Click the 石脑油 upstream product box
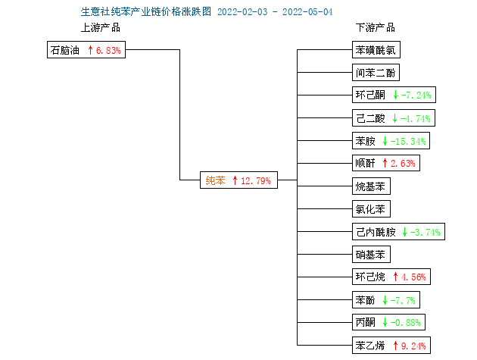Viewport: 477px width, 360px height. [x=86, y=50]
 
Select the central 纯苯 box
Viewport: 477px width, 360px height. [x=238, y=180]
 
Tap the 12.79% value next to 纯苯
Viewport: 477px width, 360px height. [x=256, y=181]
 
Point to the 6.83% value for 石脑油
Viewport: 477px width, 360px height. [x=108, y=51]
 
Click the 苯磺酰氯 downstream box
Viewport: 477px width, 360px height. [x=376, y=50]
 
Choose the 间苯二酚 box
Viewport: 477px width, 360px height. [x=376, y=73]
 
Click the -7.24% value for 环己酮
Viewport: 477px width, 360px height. [x=416, y=95]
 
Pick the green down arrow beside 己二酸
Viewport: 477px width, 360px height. [x=395, y=118]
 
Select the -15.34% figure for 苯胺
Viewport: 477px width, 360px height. [x=408, y=141]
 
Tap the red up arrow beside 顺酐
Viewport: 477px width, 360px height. [x=385, y=163]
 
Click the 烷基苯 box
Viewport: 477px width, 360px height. [x=371, y=186]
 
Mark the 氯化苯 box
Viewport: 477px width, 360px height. [x=371, y=209]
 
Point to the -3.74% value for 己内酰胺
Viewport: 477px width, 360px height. [x=426, y=233]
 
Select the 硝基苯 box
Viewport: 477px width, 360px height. [x=371, y=255]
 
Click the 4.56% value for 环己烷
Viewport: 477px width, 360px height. [x=413, y=277]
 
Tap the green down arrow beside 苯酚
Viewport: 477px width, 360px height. [x=385, y=300]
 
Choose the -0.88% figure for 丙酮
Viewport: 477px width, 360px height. [x=406, y=323]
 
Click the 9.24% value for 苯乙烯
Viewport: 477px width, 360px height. [x=413, y=346]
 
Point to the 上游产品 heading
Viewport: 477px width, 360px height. [x=101, y=28]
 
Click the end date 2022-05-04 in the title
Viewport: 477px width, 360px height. [x=307, y=12]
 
